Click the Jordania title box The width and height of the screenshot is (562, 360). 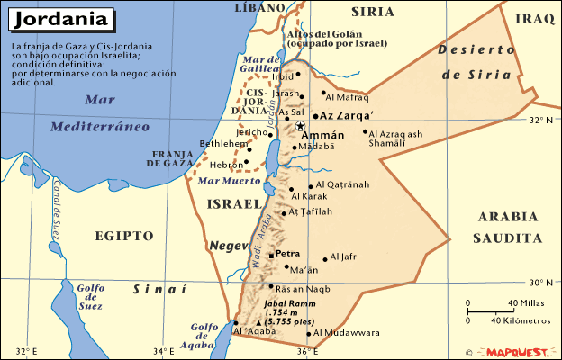[x=61, y=18]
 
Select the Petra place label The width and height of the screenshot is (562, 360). [x=287, y=254]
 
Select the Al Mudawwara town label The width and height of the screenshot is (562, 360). [x=348, y=333]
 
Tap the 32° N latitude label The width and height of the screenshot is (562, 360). [x=541, y=119]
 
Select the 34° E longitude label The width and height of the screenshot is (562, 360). [x=163, y=351]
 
